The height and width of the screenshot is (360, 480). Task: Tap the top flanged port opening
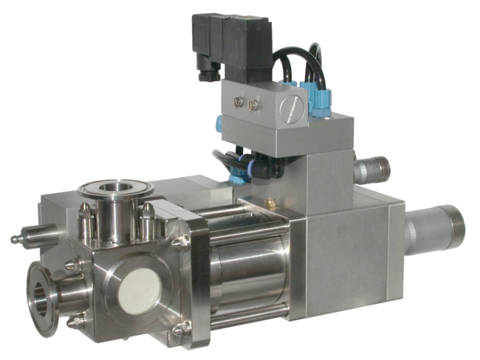pyautogui.click(x=114, y=193)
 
